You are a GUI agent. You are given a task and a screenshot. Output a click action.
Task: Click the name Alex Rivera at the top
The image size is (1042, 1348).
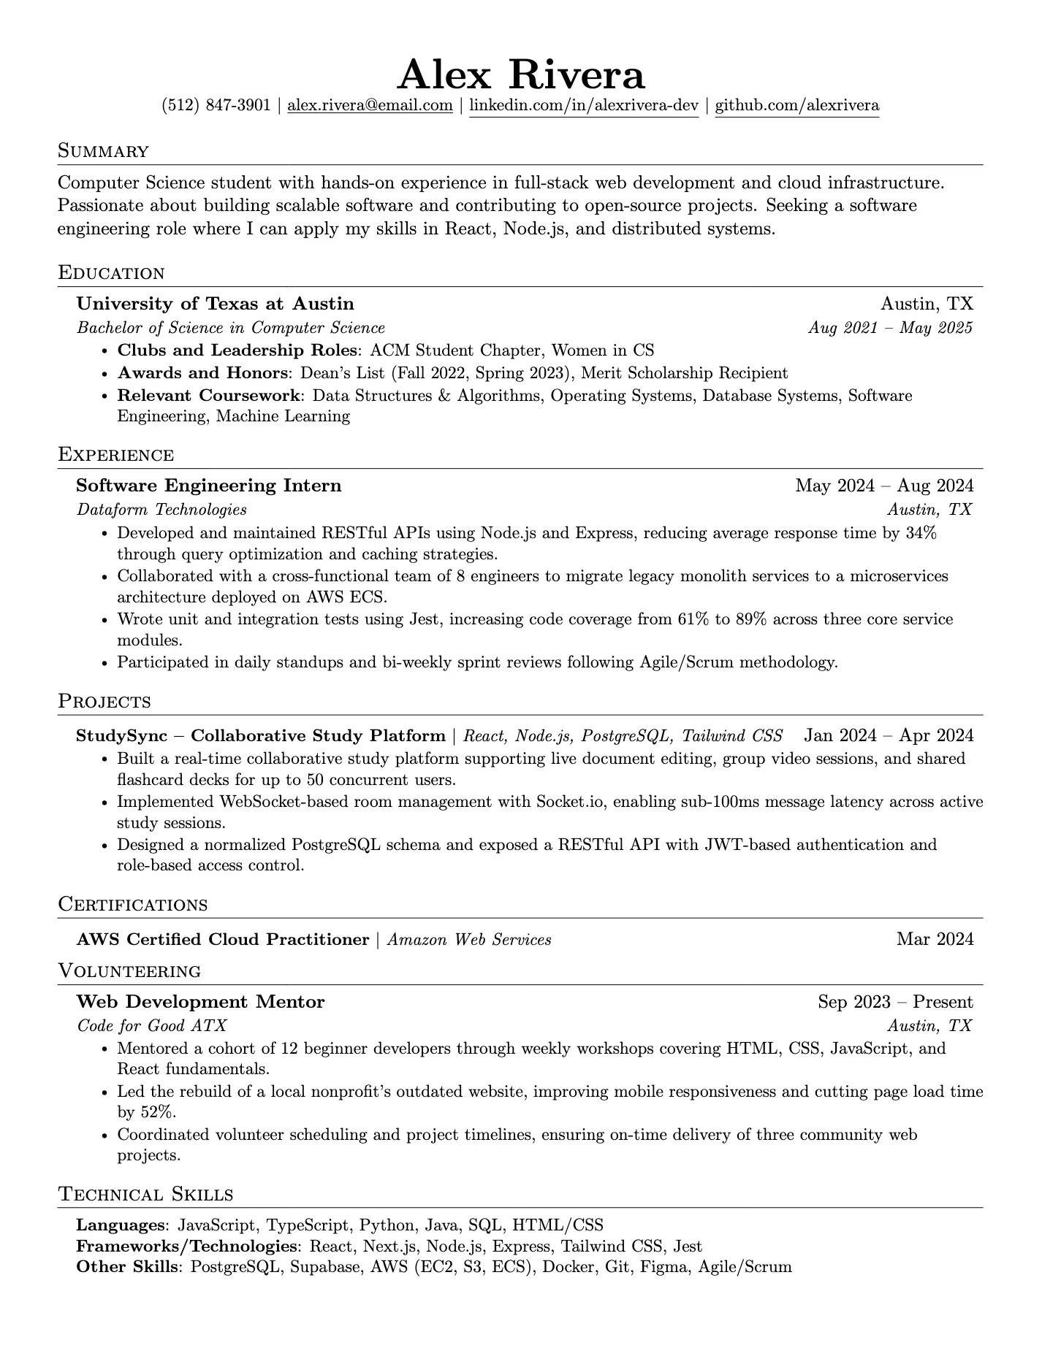[x=521, y=74]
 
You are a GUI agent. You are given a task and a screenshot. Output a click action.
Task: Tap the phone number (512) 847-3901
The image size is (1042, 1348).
[x=216, y=106]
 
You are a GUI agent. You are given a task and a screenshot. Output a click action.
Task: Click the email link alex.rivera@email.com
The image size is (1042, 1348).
[x=370, y=106]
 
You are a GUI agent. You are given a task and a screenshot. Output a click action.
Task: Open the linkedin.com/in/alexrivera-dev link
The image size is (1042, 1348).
[x=583, y=106]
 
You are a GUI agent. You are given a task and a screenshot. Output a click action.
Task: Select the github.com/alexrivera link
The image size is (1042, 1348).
[x=796, y=106]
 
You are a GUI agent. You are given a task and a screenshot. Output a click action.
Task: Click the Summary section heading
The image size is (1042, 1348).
[x=103, y=151]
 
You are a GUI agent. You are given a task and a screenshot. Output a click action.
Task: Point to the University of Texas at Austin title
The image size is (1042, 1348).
[x=215, y=304]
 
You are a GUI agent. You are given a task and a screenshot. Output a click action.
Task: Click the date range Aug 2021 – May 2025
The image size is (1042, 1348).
[x=890, y=328]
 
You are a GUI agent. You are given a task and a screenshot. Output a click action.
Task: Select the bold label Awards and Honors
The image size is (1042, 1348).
[x=202, y=373]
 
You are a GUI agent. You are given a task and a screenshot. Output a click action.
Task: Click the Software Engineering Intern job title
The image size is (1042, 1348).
[x=208, y=486]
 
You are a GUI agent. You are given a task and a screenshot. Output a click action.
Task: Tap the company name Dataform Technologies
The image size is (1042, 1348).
[x=161, y=509]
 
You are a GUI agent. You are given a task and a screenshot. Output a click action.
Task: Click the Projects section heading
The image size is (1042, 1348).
[x=104, y=702]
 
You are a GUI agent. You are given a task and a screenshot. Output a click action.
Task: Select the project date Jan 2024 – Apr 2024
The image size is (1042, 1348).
[x=889, y=735]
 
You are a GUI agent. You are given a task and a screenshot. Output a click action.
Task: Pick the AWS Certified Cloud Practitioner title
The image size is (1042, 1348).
[x=222, y=939]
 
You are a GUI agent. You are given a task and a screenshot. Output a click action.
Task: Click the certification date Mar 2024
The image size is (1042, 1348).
[x=935, y=939]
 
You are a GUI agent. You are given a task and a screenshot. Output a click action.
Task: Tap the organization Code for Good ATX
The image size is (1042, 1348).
[x=152, y=1025]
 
